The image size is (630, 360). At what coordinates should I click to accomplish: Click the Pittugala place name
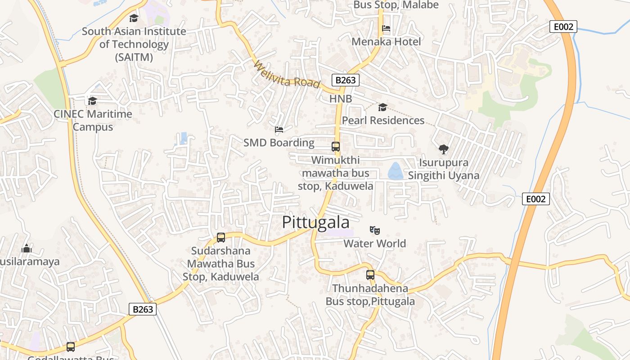click(x=315, y=223)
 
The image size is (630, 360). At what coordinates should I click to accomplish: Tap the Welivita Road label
click(x=287, y=75)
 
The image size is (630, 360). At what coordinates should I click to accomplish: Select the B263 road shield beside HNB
click(x=346, y=80)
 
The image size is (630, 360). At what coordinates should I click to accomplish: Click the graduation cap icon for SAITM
click(x=134, y=18)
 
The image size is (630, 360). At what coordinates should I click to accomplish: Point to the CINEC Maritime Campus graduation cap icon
click(x=92, y=101)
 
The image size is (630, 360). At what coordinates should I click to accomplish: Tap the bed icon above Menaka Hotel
click(x=386, y=28)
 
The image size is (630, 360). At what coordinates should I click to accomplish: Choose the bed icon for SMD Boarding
click(x=279, y=130)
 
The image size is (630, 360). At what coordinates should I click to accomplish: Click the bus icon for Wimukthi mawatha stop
click(x=335, y=146)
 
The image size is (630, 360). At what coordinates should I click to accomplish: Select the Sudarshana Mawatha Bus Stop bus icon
click(x=220, y=237)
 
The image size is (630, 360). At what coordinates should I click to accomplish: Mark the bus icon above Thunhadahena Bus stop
click(x=370, y=274)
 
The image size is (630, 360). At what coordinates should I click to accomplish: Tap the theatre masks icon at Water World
click(x=374, y=230)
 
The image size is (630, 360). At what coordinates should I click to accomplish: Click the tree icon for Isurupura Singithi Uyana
click(x=443, y=149)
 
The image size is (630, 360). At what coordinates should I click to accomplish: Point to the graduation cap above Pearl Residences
click(x=382, y=107)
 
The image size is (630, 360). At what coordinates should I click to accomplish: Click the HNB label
click(x=341, y=99)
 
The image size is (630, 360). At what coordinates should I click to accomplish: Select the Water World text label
click(x=374, y=243)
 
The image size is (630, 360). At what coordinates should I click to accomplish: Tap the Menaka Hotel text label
click(x=386, y=42)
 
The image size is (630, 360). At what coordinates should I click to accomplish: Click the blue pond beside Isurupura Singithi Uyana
click(x=396, y=171)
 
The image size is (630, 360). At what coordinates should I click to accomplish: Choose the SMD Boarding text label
click(x=279, y=143)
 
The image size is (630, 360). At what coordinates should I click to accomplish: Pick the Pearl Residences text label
click(x=383, y=121)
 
